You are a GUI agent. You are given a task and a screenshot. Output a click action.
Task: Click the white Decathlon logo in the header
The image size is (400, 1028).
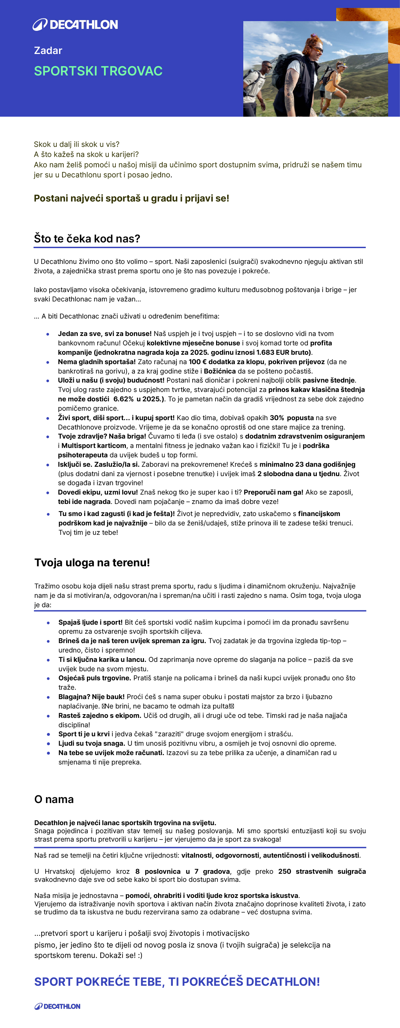75,25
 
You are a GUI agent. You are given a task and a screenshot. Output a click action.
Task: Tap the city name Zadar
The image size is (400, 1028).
48,51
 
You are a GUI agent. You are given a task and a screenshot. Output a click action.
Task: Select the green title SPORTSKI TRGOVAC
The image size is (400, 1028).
98,71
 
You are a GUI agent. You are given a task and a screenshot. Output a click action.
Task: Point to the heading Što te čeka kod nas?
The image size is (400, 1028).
87,239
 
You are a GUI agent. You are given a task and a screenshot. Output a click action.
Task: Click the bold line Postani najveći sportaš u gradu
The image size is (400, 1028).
131,198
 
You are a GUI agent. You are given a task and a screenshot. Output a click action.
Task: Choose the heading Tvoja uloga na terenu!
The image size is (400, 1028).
92,563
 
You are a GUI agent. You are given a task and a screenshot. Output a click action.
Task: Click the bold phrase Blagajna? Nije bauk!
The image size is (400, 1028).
92,697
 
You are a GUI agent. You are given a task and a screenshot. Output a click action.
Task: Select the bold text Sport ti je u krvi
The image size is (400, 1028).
84,734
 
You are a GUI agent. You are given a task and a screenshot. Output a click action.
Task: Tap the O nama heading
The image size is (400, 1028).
54,799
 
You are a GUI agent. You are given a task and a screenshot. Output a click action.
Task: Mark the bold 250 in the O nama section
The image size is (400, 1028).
285,871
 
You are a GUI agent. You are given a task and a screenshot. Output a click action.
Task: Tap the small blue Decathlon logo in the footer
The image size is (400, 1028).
57,1007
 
